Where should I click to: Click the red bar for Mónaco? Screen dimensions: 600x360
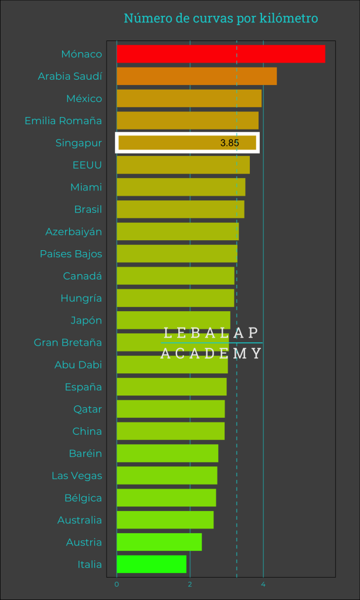pos(220,54)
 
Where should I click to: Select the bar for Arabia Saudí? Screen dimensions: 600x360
pos(196,76)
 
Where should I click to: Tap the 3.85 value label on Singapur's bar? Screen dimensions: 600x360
pos(230,143)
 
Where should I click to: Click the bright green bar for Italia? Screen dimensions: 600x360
pos(151,564)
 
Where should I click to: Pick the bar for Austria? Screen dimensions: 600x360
pos(159,542)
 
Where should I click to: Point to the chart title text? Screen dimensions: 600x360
pos(220,19)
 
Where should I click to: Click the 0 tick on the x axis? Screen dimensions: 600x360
pos(117,584)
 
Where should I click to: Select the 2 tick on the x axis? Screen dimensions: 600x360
pos(190,584)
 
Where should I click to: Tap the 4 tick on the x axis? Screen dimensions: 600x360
pos(263,584)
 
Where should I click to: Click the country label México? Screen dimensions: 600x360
pos(84,98)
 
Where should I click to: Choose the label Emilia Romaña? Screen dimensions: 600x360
pos(63,121)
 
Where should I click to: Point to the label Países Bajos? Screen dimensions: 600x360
pos(71,254)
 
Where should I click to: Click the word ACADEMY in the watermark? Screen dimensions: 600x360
pos(211,353)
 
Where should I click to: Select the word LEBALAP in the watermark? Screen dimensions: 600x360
pos(211,333)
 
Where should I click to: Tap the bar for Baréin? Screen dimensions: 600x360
pos(167,454)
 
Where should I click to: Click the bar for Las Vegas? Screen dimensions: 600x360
pos(167,476)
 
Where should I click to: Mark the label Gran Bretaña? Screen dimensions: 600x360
pos(68,342)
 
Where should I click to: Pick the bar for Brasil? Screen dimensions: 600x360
pos(181,209)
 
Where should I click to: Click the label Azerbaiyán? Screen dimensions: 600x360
pos(74,231)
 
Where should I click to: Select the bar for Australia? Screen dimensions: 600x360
pos(165,520)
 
